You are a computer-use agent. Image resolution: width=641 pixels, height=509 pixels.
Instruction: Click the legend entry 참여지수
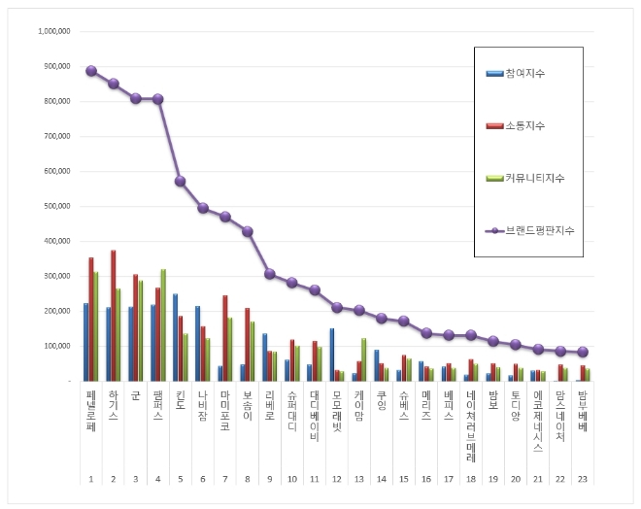(525, 73)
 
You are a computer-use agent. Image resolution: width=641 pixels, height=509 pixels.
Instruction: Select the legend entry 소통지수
(525, 125)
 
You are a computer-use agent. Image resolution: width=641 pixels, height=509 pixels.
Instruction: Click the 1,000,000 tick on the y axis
(53, 31)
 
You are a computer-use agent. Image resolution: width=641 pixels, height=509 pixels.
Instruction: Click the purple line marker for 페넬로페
(90, 71)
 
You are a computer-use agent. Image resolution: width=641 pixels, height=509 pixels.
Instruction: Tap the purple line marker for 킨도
(180, 181)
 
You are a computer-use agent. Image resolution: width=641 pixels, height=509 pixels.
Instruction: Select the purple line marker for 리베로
(270, 274)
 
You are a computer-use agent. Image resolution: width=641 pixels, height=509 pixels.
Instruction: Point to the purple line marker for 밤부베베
(583, 352)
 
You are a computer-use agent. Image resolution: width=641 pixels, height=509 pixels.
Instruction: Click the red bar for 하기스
(114, 315)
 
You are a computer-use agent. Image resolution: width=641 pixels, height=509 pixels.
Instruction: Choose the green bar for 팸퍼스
(163, 324)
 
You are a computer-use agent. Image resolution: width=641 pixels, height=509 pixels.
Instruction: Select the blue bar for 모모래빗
(332, 354)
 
